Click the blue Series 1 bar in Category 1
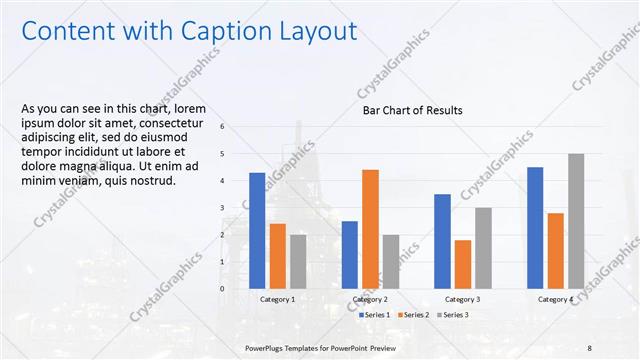point(257,230)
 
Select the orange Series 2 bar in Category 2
point(370,229)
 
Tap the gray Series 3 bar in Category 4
point(576,221)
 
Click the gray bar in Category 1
point(298,261)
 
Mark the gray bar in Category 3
point(483,248)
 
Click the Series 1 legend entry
point(375,315)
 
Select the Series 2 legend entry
point(413,315)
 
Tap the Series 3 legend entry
point(451,315)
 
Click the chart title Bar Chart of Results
point(412,110)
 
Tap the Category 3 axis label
point(463,299)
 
